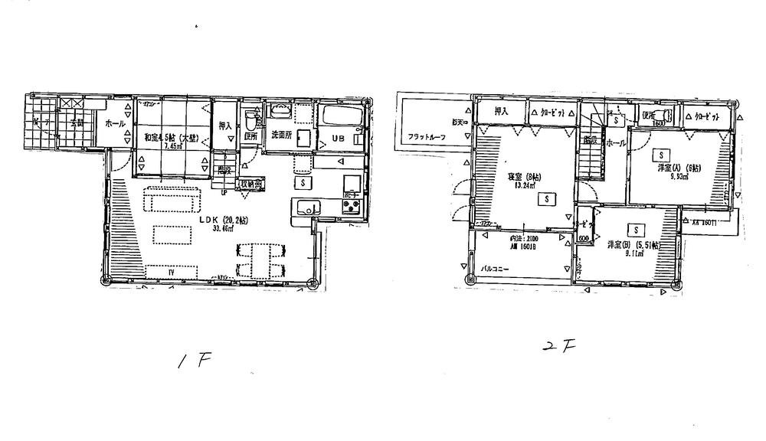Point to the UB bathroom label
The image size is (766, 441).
tap(339, 139)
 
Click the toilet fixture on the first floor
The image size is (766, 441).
tap(250, 123)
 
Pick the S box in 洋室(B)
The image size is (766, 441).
tap(635, 230)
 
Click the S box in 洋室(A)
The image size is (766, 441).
tap(657, 154)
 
